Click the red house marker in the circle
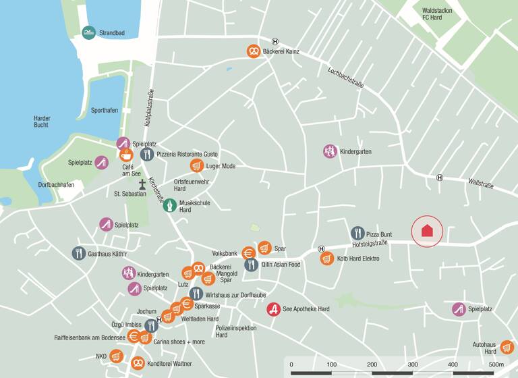pyautogui.click(x=427, y=230)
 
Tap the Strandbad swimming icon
pyautogui.click(x=88, y=32)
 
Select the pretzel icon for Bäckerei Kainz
pyautogui.click(x=253, y=51)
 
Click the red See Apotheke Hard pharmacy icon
pyautogui.click(x=273, y=309)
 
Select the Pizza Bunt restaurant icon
pyautogui.click(x=357, y=234)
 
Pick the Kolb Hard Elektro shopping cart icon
pyautogui.click(x=327, y=259)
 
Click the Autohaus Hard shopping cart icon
pyautogui.click(x=507, y=348)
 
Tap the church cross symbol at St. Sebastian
pyautogui.click(x=142, y=183)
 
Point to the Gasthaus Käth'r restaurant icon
pyautogui.click(x=79, y=253)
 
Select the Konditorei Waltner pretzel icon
pyautogui.click(x=138, y=363)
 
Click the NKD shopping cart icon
pyautogui.click(x=116, y=356)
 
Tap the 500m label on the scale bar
pyautogui.click(x=496, y=364)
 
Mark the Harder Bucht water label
pyautogui.click(x=42, y=122)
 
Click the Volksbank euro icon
pyautogui.click(x=248, y=254)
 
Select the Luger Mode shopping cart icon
pyautogui.click(x=196, y=166)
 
